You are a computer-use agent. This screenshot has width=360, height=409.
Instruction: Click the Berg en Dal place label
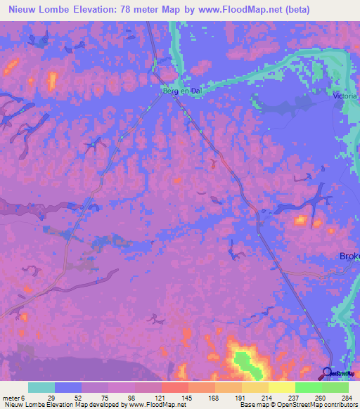pyautogui.click(x=172, y=91)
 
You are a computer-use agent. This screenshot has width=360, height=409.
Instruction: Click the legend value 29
pyautogui.click(x=51, y=398)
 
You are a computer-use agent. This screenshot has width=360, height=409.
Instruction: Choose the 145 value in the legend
pyautogui.click(x=185, y=398)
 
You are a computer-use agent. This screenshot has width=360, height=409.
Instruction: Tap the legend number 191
pyautogui.click(x=238, y=398)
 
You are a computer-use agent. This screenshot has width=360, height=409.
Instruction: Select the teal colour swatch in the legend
pyautogui.click(x=41, y=387)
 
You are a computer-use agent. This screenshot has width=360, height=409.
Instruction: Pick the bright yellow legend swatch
pyautogui.click(x=281, y=387)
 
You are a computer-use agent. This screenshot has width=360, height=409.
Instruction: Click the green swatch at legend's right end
pyautogui.click(x=335, y=387)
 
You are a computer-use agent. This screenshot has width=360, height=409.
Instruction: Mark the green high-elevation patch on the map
pyautogui.click(x=245, y=362)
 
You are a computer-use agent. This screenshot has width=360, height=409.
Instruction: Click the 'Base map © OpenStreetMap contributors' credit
pyautogui.click(x=297, y=405)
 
